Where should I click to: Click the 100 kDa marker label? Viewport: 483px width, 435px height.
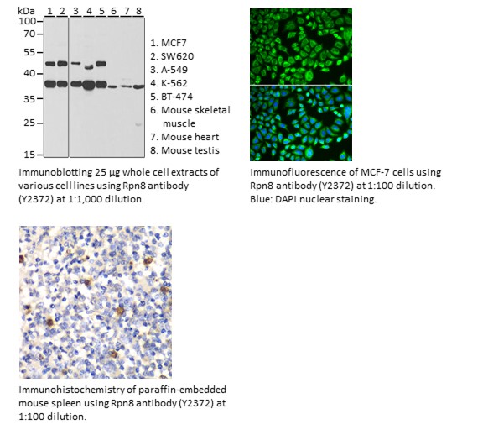(27, 21)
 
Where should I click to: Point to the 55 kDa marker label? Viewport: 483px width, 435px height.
(29, 52)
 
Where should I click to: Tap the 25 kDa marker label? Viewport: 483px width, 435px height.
(29, 123)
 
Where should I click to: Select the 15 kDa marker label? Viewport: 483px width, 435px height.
(29, 155)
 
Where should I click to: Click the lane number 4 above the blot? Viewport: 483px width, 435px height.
(90, 12)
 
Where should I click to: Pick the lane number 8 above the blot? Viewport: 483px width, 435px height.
(138, 11)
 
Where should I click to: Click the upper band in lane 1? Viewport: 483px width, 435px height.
(50, 64)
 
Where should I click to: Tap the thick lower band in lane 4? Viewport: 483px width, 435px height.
(89, 85)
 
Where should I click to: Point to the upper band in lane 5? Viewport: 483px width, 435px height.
(101, 64)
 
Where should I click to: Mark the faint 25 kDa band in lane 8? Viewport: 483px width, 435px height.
(138, 124)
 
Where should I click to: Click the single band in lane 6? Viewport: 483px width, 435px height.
(112, 86)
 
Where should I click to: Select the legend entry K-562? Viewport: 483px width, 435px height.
(169, 83)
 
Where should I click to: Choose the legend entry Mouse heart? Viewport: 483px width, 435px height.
(184, 137)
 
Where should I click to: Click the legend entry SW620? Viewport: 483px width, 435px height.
(172, 56)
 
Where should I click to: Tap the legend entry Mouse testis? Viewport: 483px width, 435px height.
(184, 150)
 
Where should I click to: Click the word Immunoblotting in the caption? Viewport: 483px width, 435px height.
(55, 172)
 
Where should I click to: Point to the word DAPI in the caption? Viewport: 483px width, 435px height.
(286, 199)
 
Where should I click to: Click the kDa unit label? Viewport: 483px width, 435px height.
(26, 11)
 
